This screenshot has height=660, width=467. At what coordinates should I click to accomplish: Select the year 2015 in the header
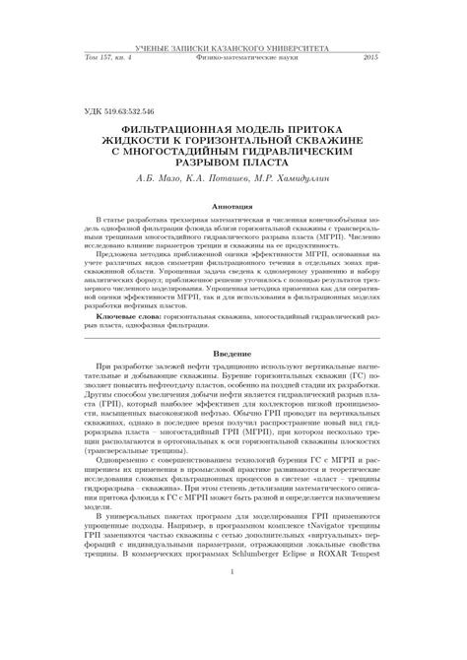(x=370, y=59)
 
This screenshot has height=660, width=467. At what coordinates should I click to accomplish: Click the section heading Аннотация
(x=233, y=206)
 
